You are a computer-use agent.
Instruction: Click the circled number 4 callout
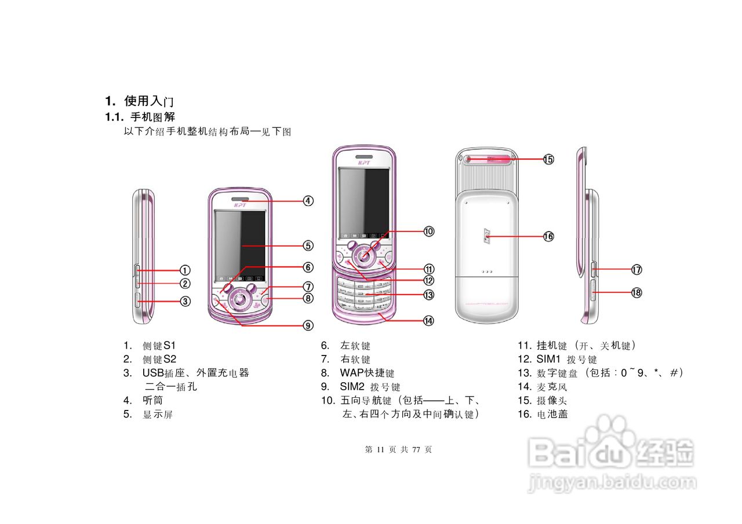pyautogui.click(x=308, y=201)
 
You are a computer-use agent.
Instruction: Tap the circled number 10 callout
pyautogui.click(x=428, y=231)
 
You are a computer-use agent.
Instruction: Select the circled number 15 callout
pyautogui.click(x=548, y=159)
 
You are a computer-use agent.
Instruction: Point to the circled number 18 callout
pyautogui.click(x=636, y=292)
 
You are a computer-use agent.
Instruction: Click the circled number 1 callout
pyautogui.click(x=184, y=270)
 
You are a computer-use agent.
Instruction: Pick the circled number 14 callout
pyautogui.click(x=428, y=320)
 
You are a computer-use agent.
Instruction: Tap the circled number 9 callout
pyautogui.click(x=308, y=325)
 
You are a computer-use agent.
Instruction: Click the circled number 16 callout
pyautogui.click(x=548, y=236)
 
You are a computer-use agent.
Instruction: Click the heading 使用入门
pyautogui.click(x=149, y=101)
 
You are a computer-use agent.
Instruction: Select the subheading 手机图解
pyautogui.click(x=152, y=117)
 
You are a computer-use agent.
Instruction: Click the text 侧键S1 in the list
pyautogui.click(x=159, y=346)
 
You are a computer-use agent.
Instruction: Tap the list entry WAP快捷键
pyautogui.click(x=367, y=373)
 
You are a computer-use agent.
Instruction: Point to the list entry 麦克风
pyautogui.click(x=552, y=387)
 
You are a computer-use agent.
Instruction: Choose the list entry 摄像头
pyautogui.click(x=552, y=400)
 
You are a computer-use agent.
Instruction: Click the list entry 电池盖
pyautogui.click(x=552, y=414)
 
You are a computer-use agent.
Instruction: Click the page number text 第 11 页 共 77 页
pyautogui.click(x=398, y=449)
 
